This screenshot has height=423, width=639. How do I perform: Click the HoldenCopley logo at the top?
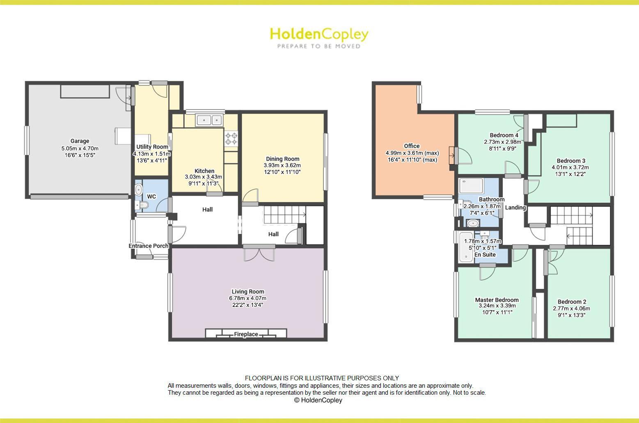pos(319,34)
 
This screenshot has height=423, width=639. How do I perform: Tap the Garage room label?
pos(80,141)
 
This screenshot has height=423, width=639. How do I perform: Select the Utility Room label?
pos(152,147)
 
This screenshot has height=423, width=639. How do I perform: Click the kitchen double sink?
pos(209,120)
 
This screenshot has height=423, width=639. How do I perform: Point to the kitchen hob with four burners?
pos(231,138)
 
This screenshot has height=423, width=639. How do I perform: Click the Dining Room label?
pos(282,159)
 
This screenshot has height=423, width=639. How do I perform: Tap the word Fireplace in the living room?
pos(246,334)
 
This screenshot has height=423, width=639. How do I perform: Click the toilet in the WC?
pos(143,205)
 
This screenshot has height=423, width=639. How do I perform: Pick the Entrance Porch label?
pos(149,246)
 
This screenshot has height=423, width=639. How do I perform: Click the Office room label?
pos(412,146)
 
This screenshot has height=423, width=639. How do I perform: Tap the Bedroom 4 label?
pos(504,135)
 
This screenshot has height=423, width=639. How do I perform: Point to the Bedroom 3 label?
pos(571,161)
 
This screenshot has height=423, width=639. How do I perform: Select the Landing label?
pos(515,208)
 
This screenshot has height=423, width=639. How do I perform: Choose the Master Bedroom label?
pos(497,300)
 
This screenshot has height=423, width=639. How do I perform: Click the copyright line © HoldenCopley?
pos(318,400)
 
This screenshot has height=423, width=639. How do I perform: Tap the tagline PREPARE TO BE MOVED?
pos(319,46)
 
